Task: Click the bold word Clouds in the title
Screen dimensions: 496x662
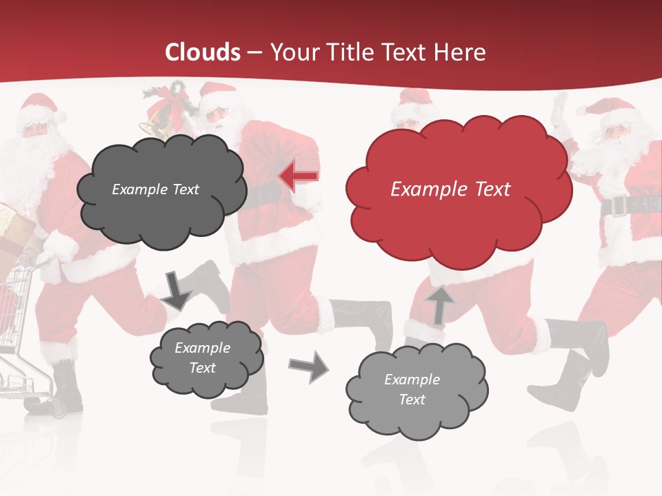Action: click(203, 52)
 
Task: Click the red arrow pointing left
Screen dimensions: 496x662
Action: click(299, 177)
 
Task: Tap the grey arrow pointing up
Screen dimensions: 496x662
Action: click(441, 304)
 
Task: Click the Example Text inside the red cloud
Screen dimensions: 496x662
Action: click(450, 189)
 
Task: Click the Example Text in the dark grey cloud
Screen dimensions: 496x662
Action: click(155, 189)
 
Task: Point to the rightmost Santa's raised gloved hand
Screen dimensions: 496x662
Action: click(561, 110)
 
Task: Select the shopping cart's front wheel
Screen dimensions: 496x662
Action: click(58, 410)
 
